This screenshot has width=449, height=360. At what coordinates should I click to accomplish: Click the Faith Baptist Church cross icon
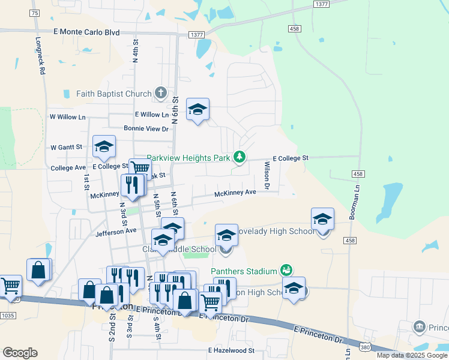point(160,93)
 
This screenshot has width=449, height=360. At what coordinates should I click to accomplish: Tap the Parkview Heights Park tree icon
point(240,157)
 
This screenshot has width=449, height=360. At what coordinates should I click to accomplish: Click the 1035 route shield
point(8,315)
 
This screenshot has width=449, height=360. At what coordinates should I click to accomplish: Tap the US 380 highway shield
point(365,347)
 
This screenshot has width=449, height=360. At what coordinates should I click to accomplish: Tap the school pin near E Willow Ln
point(197,110)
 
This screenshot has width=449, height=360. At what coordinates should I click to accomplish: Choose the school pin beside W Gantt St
point(104,146)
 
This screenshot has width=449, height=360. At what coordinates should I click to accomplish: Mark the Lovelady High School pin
point(322,220)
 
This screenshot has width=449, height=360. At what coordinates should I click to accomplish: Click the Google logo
point(20,353)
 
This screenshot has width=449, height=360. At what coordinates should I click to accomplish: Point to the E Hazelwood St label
point(231,350)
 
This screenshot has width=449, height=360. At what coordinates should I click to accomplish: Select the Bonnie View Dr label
point(146,128)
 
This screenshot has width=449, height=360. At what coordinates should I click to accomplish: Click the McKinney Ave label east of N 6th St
point(235,193)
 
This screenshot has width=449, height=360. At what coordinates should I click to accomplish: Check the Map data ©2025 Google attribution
point(411,355)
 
